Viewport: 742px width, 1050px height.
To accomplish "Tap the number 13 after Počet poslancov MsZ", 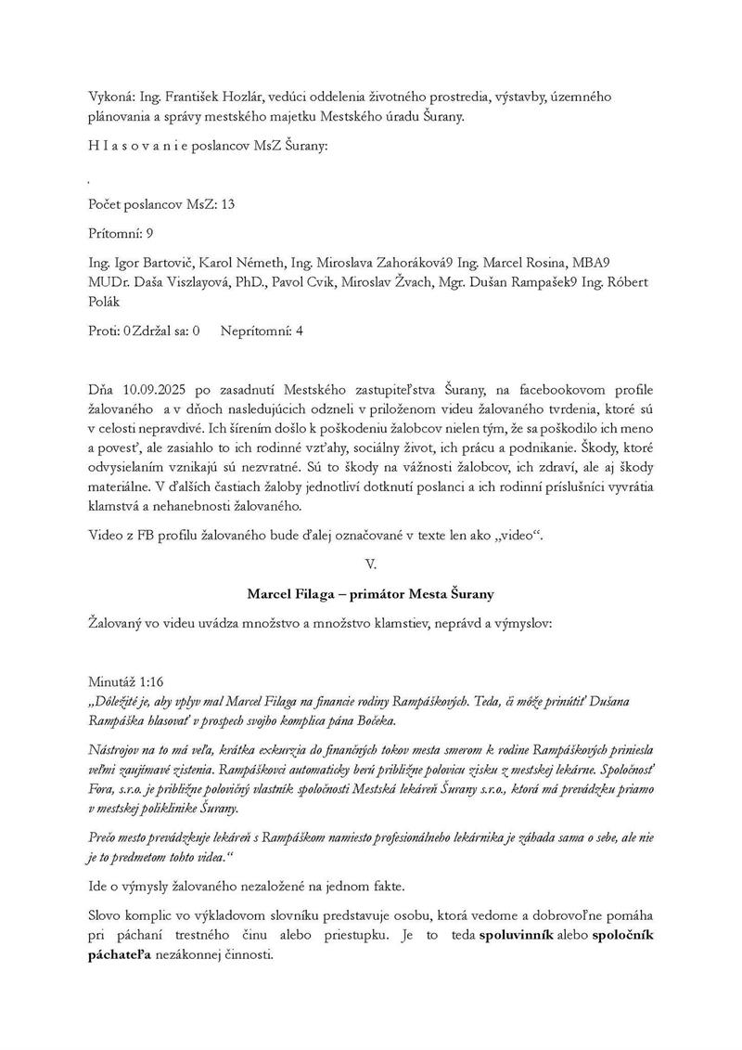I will point(228,204).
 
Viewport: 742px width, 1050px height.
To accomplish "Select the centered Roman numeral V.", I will point(371,564).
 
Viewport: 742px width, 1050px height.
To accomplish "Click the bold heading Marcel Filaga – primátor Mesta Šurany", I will point(371,593).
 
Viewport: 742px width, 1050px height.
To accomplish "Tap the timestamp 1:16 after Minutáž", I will point(149,681).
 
